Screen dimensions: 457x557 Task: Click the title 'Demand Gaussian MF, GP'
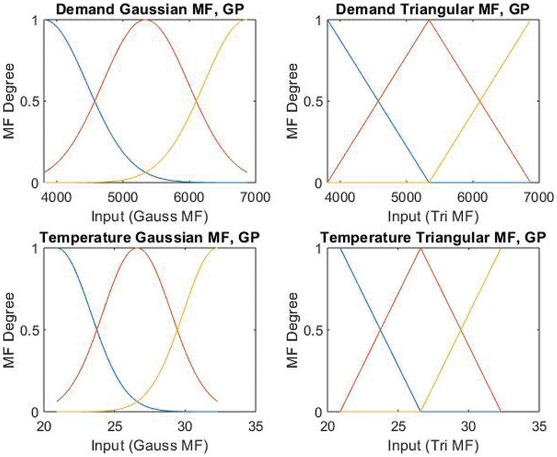pyautogui.click(x=145, y=8)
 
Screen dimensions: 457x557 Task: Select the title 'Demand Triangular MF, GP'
pyautogui.click(x=429, y=8)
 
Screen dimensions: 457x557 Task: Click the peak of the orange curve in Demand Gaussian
pyautogui.click(x=145, y=20)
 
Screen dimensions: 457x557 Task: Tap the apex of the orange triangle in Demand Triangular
pyautogui.click(x=429, y=20)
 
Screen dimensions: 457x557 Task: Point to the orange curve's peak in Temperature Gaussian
pyautogui.click(x=137, y=248)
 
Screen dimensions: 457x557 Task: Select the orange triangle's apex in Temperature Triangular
pyautogui.click(x=420, y=248)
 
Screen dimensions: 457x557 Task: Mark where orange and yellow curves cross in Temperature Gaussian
pyautogui.click(x=177, y=330)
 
